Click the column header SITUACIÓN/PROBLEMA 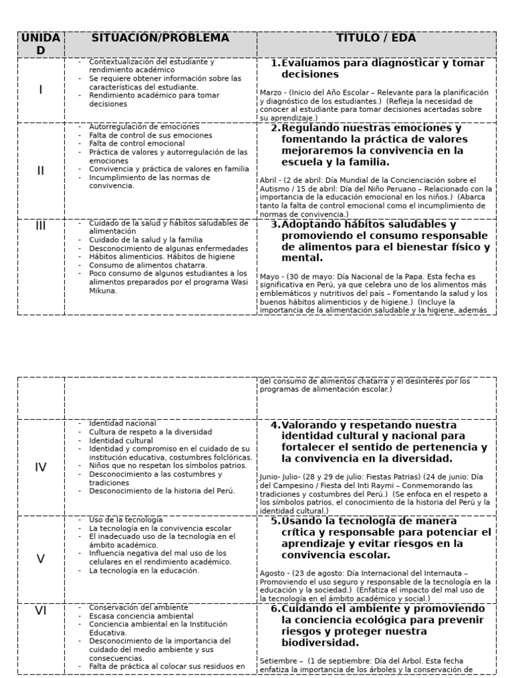[161, 38]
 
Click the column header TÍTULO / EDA [376, 38]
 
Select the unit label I [41, 89]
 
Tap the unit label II [41, 170]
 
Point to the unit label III [41, 226]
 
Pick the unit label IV [41, 467]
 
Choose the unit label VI [41, 610]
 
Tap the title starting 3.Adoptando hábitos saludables [381, 241]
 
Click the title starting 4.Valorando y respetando [381, 442]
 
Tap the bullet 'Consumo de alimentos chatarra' [138, 265]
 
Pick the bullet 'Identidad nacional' [122, 423]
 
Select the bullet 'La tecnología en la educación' [144, 570]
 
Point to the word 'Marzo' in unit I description [271, 93]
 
